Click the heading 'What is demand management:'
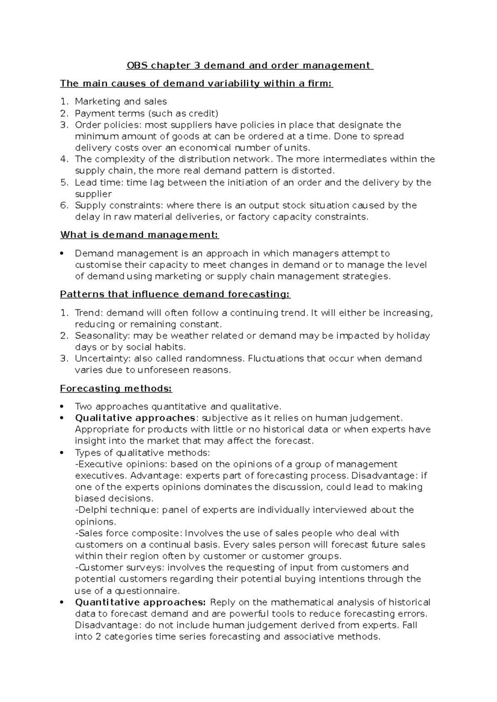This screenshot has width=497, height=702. tap(139, 235)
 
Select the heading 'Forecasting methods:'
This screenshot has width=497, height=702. tap(116, 388)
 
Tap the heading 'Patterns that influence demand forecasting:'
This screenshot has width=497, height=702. tap(175, 294)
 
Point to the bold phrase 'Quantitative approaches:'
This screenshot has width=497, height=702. tap(140, 602)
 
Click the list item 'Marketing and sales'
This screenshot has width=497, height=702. tap(121, 101)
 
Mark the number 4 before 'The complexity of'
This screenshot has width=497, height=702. tap(63, 159)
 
